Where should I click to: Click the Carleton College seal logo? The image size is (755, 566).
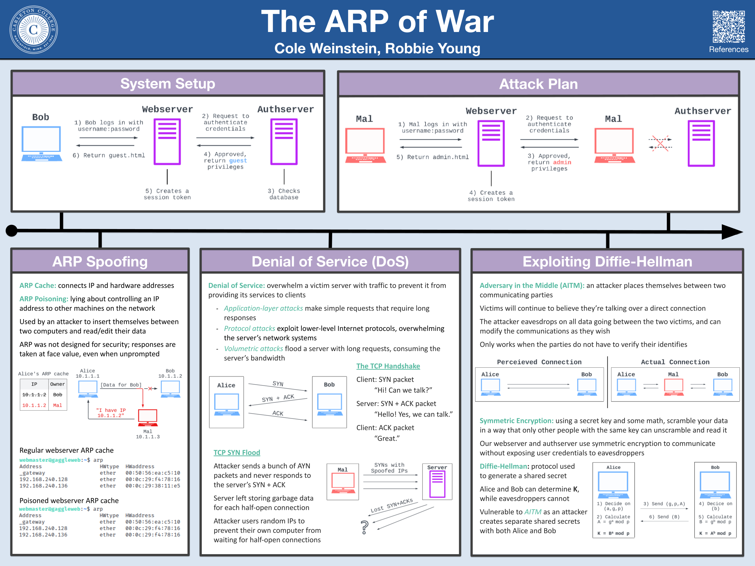[x=34, y=30]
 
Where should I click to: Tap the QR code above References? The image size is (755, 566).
[x=728, y=27]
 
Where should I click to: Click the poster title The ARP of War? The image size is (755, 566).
[x=377, y=21]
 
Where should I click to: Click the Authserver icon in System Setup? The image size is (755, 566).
[x=284, y=142]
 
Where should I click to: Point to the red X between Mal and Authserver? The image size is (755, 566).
[x=660, y=143]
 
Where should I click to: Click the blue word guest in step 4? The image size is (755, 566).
[x=238, y=160]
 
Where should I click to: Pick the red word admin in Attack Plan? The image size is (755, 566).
[x=562, y=162]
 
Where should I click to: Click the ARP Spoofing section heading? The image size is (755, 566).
[x=100, y=262]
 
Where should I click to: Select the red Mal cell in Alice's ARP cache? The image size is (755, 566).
[x=58, y=405]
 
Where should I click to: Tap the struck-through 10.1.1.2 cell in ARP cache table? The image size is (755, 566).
[x=34, y=395]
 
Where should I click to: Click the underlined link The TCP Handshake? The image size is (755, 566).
[x=388, y=366]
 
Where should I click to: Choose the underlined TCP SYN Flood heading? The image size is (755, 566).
[x=237, y=452]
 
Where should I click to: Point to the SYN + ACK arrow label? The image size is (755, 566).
[x=278, y=398]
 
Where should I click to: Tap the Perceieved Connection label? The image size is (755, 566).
[x=539, y=362]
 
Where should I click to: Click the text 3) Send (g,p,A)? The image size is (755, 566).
[x=664, y=504]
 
